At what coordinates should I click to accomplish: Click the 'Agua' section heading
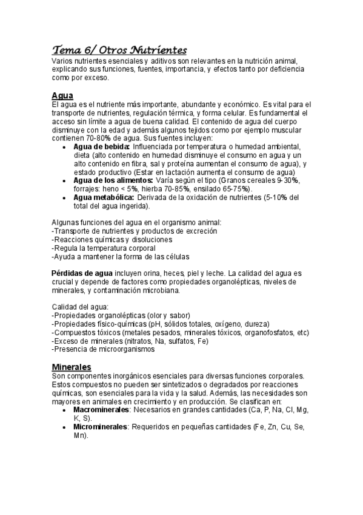62,96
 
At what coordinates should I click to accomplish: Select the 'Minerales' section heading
72,367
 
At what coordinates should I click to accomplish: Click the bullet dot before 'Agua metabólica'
65,198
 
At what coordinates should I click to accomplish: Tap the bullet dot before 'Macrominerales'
65,411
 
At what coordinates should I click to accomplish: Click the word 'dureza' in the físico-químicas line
257,324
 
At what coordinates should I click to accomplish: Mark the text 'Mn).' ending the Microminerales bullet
81,435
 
